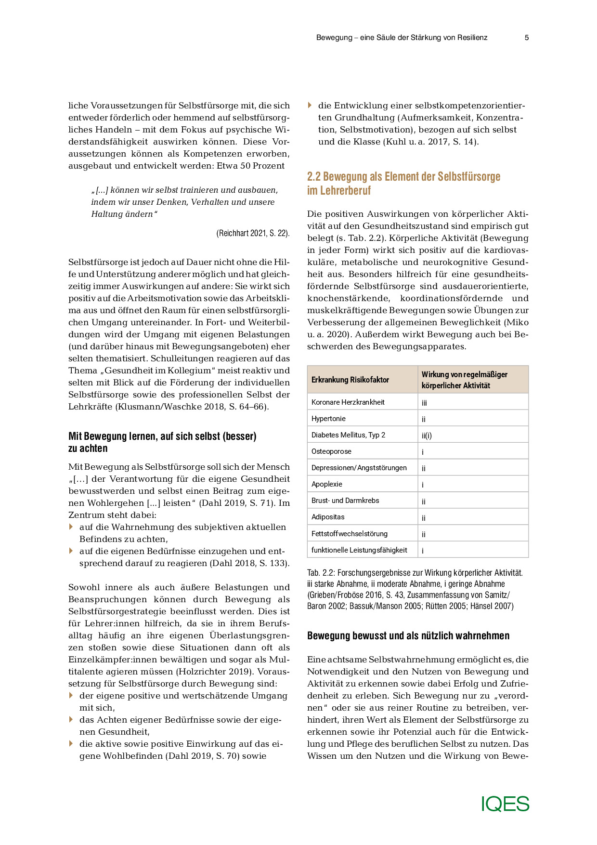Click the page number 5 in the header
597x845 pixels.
tap(527, 38)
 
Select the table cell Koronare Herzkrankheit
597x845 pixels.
tap(348, 402)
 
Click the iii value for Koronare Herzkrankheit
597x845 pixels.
tap(424, 403)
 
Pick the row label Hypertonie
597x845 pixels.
tap(328, 419)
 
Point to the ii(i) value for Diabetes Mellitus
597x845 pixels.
tap(427, 436)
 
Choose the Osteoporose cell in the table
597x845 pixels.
tap(331, 451)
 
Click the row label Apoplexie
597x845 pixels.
tap(327, 484)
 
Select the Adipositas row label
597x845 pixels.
tap(328, 517)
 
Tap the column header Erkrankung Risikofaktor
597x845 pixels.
tap(350, 380)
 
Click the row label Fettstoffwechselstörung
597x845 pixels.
tap(349, 534)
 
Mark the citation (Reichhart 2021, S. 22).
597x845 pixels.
tap(253, 233)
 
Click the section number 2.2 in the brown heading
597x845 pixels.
tap(314, 177)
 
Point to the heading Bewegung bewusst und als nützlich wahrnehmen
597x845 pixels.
tap(408, 636)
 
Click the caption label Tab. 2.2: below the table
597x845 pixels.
tap(321, 573)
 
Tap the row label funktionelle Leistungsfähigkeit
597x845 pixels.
tap(359, 550)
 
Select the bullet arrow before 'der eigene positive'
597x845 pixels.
tap(71, 695)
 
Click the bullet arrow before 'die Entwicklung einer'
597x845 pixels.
tap(310, 105)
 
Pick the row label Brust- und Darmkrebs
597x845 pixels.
tap(345, 501)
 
